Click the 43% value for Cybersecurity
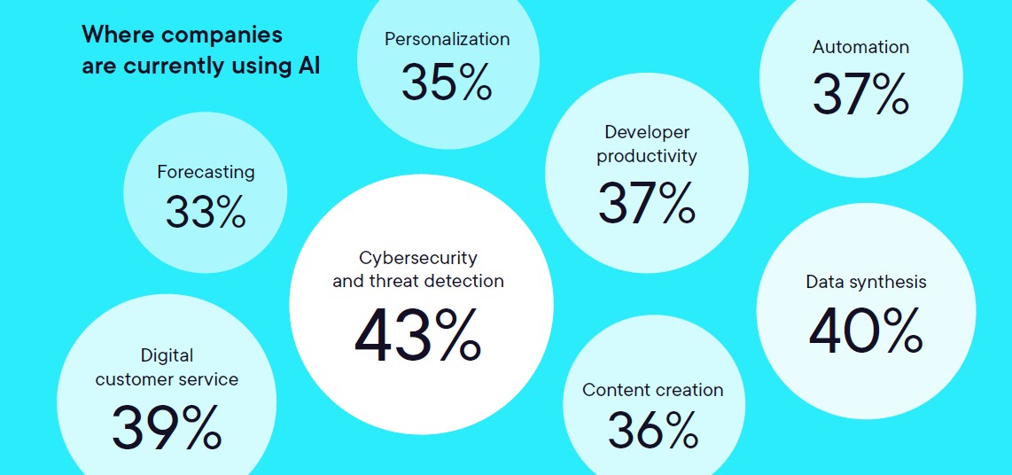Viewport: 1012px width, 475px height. [x=417, y=335]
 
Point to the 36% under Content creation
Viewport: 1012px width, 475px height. [x=653, y=430]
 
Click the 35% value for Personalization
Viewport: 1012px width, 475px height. [x=447, y=82]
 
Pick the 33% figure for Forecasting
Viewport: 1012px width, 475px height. [x=206, y=211]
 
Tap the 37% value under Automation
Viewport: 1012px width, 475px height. [x=860, y=95]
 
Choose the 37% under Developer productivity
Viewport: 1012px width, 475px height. [x=646, y=203]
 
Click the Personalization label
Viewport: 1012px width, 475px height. [x=447, y=39]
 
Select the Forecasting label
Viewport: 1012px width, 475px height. [x=206, y=172]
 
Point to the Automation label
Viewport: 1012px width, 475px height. [x=860, y=47]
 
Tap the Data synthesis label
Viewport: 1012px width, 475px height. [x=866, y=282]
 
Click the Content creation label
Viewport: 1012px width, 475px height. [x=653, y=390]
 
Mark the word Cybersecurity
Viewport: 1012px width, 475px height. [x=417, y=258]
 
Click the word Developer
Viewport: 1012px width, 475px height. [x=647, y=132]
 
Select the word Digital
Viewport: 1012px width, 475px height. [x=167, y=355]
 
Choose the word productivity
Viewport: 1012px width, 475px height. [x=647, y=156]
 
